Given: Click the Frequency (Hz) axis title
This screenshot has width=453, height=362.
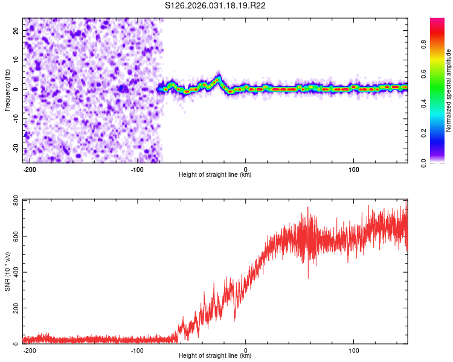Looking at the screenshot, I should click(7, 91).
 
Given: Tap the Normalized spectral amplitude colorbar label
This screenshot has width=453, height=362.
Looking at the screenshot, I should click(449, 91).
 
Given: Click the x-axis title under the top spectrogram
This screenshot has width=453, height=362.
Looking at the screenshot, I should click(215, 175).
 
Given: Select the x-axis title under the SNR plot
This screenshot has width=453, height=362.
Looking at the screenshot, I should click(215, 356).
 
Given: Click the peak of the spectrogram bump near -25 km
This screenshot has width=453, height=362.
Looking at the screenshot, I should click(218, 78).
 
